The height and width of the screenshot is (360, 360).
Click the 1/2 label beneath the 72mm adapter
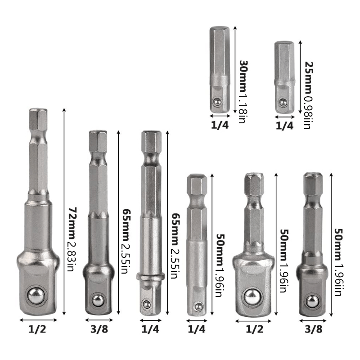click(x=38, y=330)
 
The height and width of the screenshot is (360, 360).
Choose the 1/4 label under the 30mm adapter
click(x=220, y=126)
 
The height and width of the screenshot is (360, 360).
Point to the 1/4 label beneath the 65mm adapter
click(x=150, y=330)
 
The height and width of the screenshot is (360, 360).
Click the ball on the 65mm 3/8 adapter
click(x=97, y=300)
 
